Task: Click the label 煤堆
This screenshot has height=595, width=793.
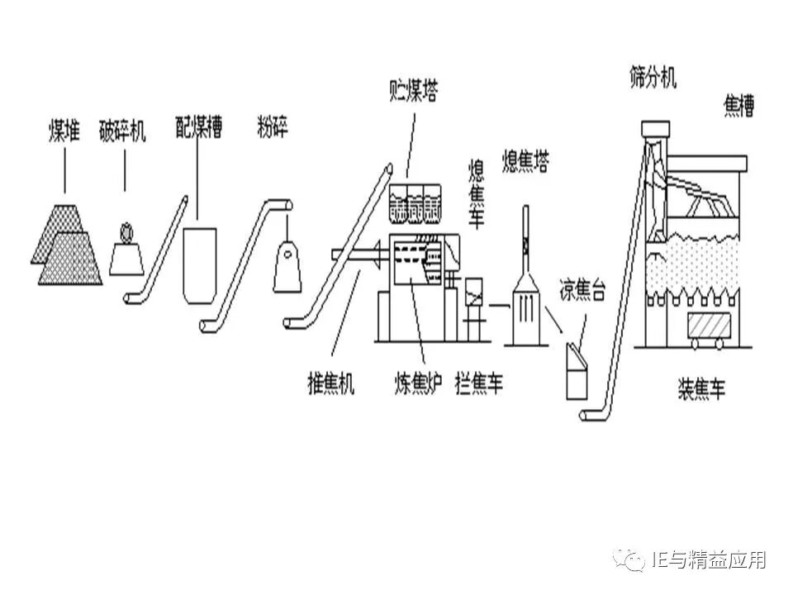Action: pyautogui.click(x=64, y=131)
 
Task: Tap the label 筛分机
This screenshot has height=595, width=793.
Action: pyautogui.click(x=653, y=79)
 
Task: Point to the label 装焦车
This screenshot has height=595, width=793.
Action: pyautogui.click(x=702, y=388)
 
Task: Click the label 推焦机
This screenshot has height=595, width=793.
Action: pyautogui.click(x=330, y=383)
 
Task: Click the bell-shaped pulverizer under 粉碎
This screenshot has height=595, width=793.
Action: pyautogui.click(x=287, y=264)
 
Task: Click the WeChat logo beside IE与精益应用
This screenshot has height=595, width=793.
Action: pyautogui.click(x=634, y=561)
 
